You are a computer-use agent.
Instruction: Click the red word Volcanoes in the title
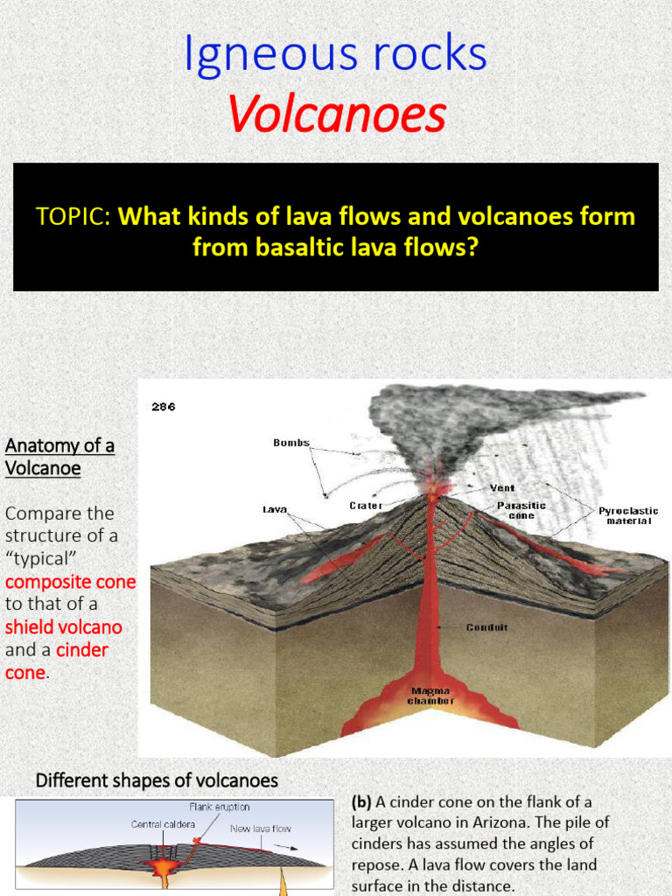336,115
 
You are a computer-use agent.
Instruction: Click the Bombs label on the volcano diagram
291,443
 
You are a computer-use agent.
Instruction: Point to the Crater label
367,505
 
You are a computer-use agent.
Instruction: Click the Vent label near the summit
502,487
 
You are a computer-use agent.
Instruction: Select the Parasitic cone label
521,510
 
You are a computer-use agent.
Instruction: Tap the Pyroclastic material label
628,515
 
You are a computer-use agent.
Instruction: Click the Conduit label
487,626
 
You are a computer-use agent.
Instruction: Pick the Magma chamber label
432,695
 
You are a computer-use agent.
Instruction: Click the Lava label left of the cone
276,508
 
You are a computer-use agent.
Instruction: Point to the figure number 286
164,407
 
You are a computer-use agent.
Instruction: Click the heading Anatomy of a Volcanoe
59,457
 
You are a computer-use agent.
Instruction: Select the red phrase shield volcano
64,626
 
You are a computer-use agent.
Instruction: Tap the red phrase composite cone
71,582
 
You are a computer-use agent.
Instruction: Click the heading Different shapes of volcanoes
157,780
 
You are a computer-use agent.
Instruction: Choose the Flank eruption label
220,806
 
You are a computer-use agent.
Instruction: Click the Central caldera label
163,823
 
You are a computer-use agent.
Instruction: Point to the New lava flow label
261,828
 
